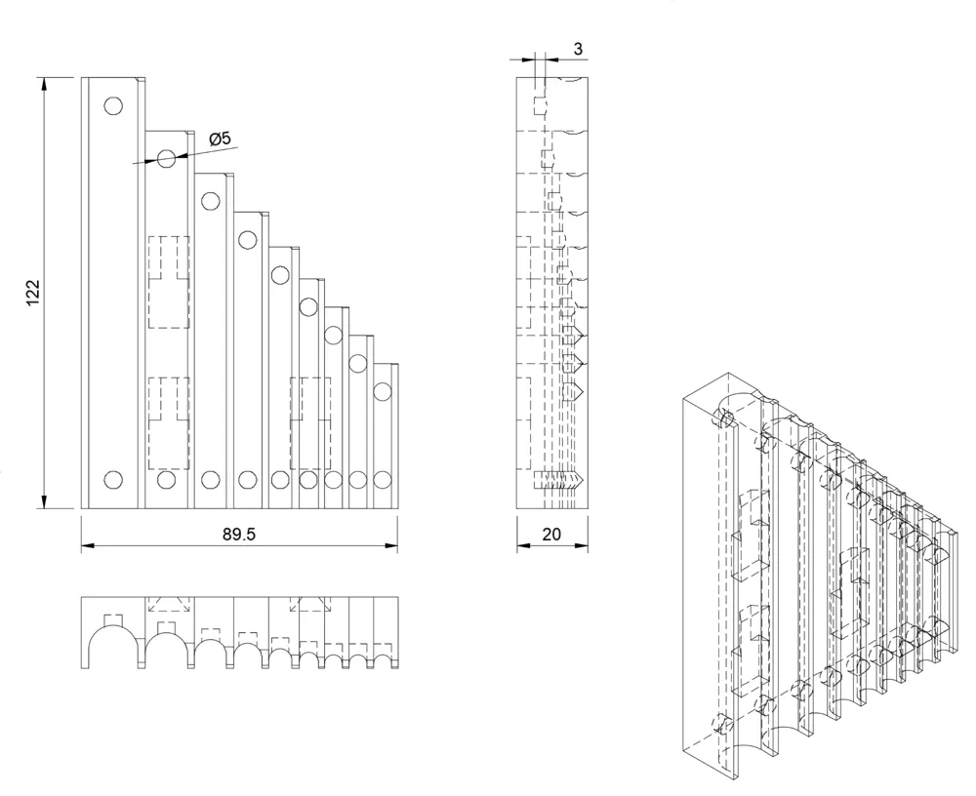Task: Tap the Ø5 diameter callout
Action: pos(220,139)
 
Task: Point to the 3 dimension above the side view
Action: pos(578,48)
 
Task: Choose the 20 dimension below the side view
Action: pos(551,536)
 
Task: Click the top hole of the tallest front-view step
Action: pos(113,105)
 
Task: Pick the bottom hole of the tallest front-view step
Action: pos(113,479)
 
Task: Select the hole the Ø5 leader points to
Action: pos(167,158)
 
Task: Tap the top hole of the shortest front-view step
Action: pos(383,392)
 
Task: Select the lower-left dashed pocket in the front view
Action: pos(167,421)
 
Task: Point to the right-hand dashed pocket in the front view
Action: pos(310,421)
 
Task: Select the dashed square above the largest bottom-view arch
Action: pos(112,619)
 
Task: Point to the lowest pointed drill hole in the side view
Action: pos(561,480)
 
